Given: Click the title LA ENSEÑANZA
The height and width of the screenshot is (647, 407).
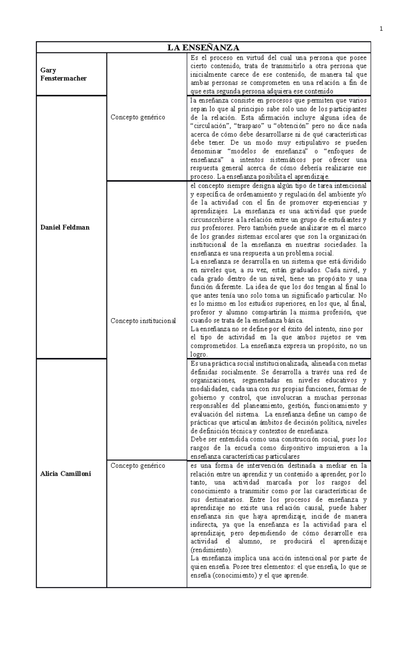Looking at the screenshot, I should (203, 47).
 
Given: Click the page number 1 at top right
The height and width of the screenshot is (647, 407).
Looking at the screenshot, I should (381, 29).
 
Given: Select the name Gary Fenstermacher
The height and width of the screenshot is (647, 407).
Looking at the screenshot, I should (63, 74).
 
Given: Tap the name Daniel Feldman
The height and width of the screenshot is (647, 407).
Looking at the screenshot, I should (65, 227).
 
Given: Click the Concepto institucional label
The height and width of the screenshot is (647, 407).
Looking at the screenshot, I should (143, 320).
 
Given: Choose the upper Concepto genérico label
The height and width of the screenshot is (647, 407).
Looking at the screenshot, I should (138, 117).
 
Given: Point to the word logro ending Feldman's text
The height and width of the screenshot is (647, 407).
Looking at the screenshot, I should (198, 354).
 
